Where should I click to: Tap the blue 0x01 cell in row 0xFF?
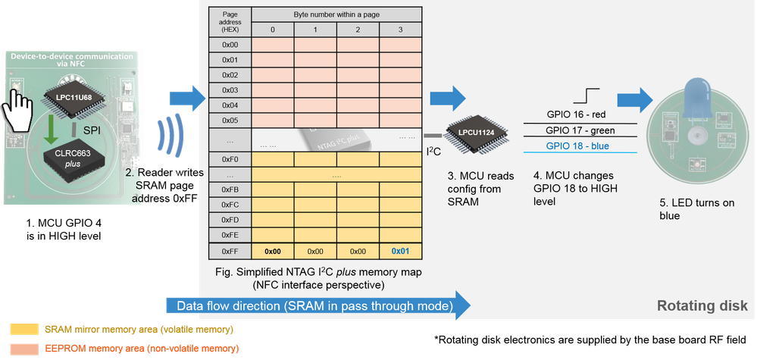click(401, 251)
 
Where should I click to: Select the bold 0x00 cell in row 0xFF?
click(273, 251)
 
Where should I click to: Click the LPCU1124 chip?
click(470, 134)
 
